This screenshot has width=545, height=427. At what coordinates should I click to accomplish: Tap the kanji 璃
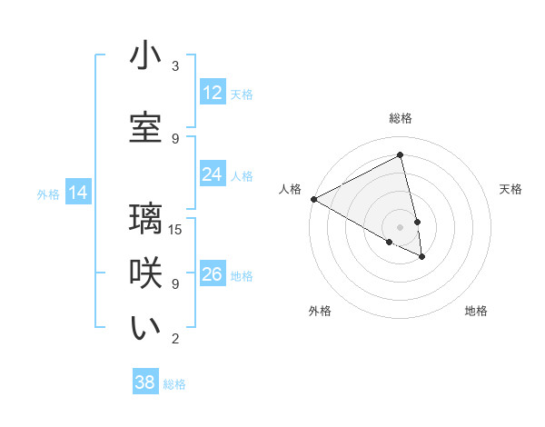coord(145,219)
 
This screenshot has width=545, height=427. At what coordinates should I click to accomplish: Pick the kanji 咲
coord(145,273)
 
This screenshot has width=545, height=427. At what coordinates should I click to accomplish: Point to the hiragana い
coord(145,328)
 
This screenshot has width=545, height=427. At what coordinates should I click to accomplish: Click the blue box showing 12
coord(213,93)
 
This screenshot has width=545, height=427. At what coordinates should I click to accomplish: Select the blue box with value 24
coord(213,174)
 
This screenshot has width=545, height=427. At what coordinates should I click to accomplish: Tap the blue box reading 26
coord(213,274)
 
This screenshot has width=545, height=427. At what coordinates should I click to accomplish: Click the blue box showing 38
coord(145,382)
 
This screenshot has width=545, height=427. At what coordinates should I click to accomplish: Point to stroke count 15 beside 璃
coord(176,229)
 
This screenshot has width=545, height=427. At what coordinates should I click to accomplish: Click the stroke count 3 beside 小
coord(175,66)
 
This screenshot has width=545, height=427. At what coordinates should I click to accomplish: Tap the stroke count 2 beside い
coord(175,339)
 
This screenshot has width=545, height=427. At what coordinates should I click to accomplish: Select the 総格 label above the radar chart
coord(401,118)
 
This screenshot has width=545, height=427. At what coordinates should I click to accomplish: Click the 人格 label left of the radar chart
coord(290,189)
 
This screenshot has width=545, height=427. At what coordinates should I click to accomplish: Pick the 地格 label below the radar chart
coord(476,311)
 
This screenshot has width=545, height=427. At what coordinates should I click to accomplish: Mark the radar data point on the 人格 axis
coord(313,199)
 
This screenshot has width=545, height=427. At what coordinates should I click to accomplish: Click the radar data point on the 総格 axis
coord(401,154)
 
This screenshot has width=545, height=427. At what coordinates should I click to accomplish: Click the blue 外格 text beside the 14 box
coord(47,194)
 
